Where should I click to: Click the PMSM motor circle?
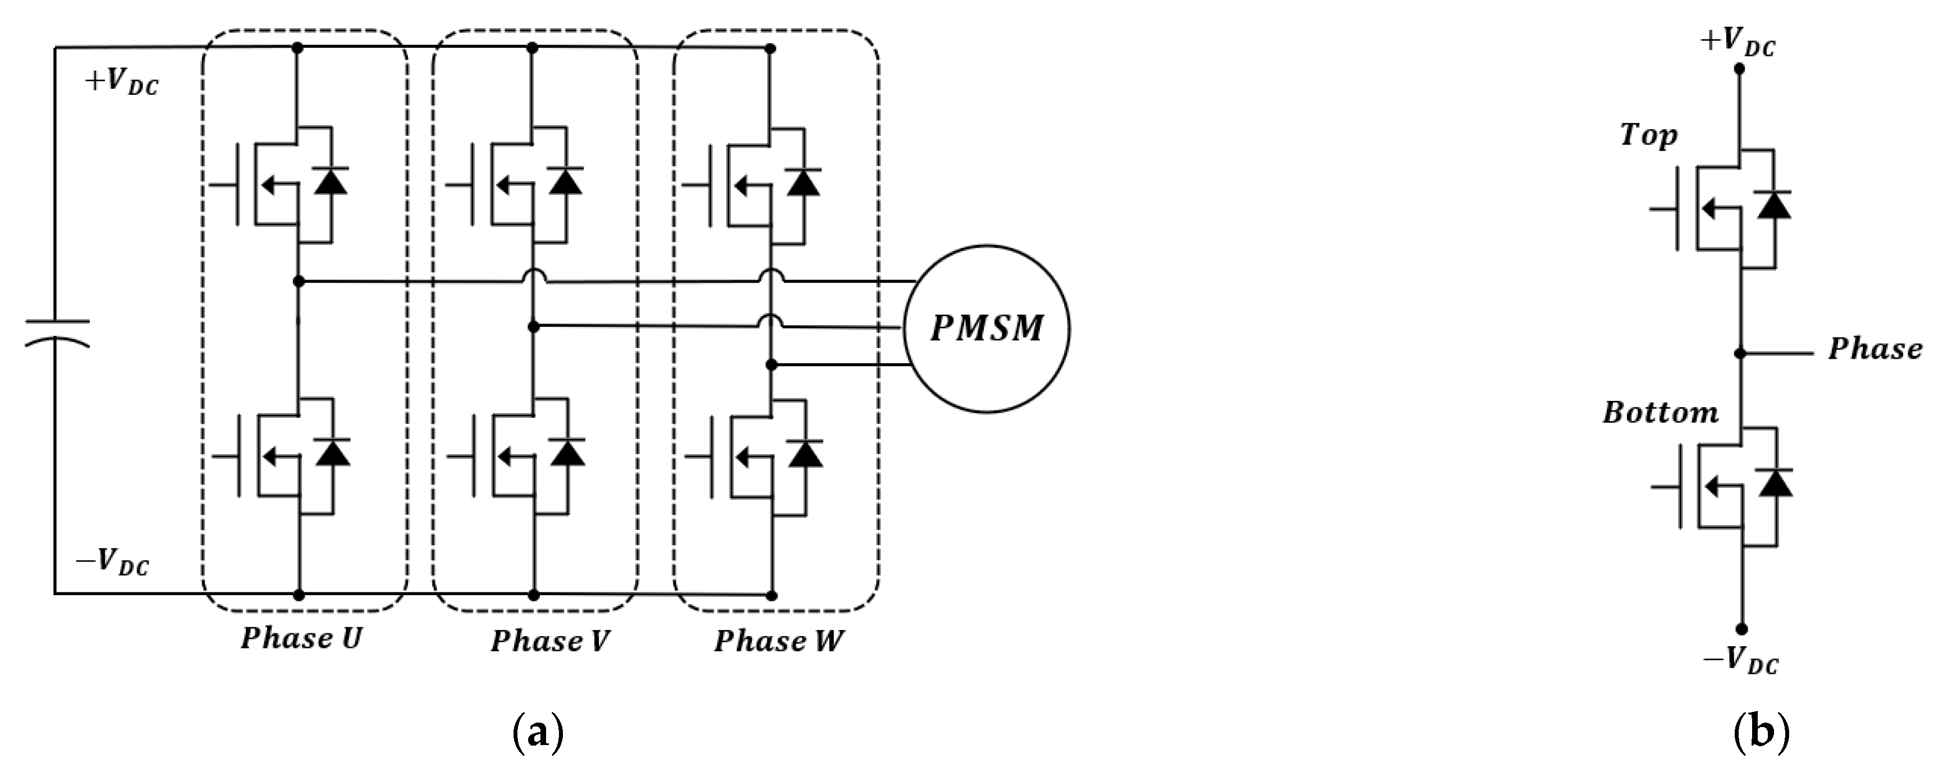[986, 328]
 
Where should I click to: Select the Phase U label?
[301, 639]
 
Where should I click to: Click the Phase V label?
[549, 642]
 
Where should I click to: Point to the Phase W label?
[778, 642]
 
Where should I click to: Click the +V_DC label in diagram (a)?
[121, 81]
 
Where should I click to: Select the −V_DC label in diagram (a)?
[113, 562]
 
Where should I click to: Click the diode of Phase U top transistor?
[331, 181]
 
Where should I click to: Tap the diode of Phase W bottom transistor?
[805, 454]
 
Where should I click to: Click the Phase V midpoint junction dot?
[533, 327]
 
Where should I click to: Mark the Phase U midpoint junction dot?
[298, 281]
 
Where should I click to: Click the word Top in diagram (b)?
[1648, 135]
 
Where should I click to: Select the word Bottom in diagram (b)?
[1661, 413]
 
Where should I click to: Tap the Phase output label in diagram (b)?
[1875, 349]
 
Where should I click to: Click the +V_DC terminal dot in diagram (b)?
[1740, 68]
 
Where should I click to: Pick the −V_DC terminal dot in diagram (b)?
[1741, 629]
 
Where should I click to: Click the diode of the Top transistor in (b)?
[1773, 205]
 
